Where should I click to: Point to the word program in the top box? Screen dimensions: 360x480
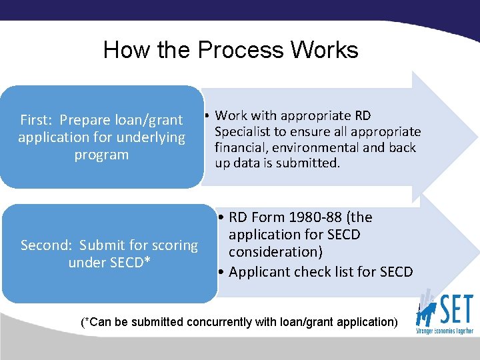point(101,155)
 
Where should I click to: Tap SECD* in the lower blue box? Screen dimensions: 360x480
point(126,263)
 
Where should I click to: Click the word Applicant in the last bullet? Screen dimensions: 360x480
point(259,272)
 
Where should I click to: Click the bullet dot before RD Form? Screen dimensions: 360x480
point(221,217)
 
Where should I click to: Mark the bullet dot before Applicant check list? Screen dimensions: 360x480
point(221,272)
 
